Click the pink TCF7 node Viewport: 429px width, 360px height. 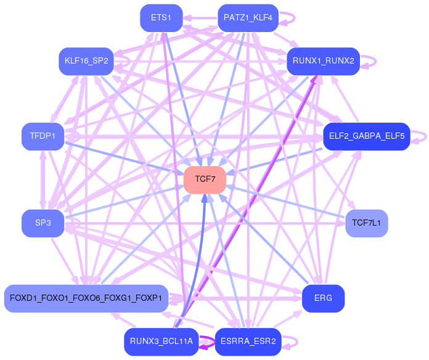pyautogui.click(x=205, y=179)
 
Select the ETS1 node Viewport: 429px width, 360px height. pyautogui.click(x=161, y=18)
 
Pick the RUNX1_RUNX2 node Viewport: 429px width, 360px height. pyautogui.click(x=323, y=61)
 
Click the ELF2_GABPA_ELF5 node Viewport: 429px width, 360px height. pyautogui.click(x=366, y=136)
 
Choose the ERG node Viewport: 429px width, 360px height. pyautogui.click(x=323, y=298)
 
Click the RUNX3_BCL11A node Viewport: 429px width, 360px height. pyautogui.click(x=161, y=341)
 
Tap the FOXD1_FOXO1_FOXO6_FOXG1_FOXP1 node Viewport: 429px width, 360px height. pyautogui.click(x=86, y=298)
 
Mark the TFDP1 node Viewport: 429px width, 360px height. pyautogui.click(x=43, y=136)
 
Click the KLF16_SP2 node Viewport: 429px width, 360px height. pyautogui.click(x=86, y=61)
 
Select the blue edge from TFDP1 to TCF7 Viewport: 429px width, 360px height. pyautogui.click(x=123, y=157)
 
